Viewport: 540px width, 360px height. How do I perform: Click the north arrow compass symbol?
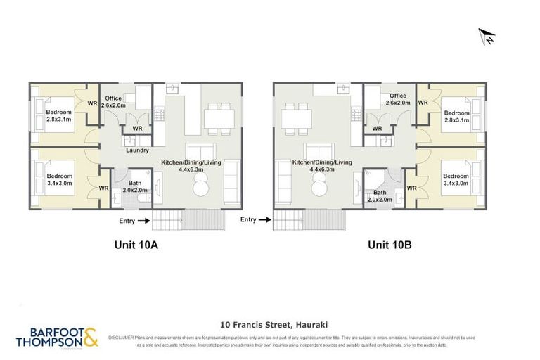pyautogui.click(x=487, y=36)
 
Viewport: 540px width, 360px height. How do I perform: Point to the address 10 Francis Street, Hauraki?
pyautogui.click(x=270, y=325)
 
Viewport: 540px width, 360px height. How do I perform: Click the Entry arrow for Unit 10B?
pyautogui.click(x=264, y=220)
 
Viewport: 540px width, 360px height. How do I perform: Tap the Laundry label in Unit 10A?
pyautogui.click(x=136, y=150)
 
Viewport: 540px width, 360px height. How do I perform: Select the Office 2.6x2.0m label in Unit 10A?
pyautogui.click(x=114, y=101)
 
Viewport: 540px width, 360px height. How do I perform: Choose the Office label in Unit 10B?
pyautogui.click(x=397, y=99)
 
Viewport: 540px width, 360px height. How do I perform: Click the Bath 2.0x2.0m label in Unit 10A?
pyautogui.click(x=134, y=186)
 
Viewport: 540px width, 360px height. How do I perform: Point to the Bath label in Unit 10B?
pyautogui.click(x=380, y=195)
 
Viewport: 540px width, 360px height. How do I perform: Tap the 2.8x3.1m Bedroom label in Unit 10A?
pyautogui.click(x=59, y=115)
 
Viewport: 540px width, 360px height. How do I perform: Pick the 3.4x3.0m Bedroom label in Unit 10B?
pyautogui.click(x=456, y=179)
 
